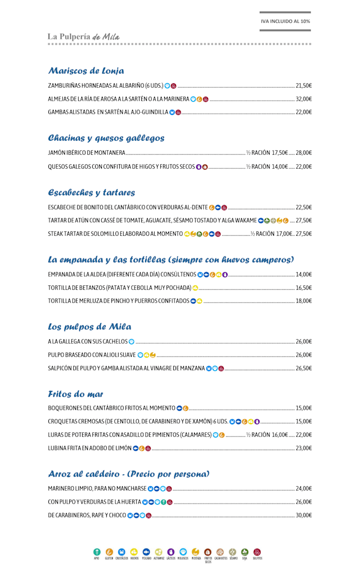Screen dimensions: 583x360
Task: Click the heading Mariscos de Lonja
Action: click(x=86, y=71)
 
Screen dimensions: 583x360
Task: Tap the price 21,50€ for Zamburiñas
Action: click(x=303, y=86)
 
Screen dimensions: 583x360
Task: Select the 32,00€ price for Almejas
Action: click(x=303, y=99)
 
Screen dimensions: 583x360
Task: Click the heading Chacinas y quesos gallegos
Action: click(x=106, y=138)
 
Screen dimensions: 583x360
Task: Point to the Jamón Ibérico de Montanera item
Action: click(x=87, y=153)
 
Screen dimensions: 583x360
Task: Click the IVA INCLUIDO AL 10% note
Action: click(x=285, y=21)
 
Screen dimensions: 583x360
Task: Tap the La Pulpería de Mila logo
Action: click(x=84, y=37)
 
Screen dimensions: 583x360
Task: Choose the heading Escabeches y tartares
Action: click(x=92, y=192)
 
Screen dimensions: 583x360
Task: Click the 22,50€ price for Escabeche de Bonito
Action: click(x=303, y=207)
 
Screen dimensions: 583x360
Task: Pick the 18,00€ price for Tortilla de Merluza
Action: click(x=303, y=301)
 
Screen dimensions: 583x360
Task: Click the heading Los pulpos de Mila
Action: click(x=90, y=327)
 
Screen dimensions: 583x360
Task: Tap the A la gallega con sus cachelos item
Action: click(x=87, y=341)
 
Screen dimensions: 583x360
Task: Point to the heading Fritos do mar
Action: click(x=76, y=394)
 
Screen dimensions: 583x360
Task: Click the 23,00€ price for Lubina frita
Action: click(x=303, y=448)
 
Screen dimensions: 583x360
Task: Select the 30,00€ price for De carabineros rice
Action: click(x=303, y=515)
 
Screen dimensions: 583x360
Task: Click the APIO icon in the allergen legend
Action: click(x=97, y=552)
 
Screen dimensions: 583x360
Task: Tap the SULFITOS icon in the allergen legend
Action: click(x=258, y=552)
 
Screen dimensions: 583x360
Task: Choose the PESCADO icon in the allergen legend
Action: click(x=146, y=552)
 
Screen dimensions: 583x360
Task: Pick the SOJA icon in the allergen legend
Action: click(x=245, y=552)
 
